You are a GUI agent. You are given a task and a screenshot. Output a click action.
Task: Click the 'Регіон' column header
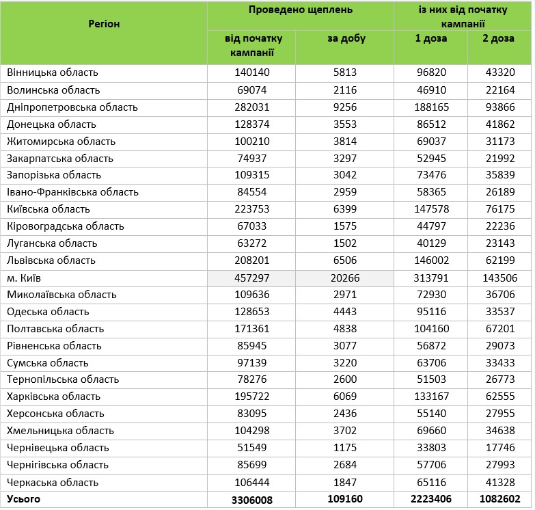(104, 24)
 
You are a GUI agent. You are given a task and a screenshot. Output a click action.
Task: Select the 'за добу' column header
(346, 39)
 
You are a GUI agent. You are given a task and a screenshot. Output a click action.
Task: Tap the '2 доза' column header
(499, 39)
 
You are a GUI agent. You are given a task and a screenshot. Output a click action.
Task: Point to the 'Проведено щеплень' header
(301, 10)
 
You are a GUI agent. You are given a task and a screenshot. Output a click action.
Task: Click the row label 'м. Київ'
(26, 278)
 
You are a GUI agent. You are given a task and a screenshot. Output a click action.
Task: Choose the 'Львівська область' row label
(51, 260)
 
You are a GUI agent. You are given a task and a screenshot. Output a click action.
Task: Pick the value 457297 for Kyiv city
(251, 278)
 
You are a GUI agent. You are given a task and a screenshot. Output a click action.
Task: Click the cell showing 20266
(346, 278)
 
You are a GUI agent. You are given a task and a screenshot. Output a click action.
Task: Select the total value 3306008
(251, 500)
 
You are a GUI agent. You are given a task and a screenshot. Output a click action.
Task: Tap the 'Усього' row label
(24, 499)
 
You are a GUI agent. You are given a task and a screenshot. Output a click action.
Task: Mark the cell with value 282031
(251, 107)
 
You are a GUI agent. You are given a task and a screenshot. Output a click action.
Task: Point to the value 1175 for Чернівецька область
(346, 448)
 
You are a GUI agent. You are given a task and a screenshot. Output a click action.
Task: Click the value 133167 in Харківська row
(431, 397)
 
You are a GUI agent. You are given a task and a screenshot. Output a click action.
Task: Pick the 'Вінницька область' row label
(53, 72)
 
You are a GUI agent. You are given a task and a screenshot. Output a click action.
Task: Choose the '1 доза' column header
(431, 39)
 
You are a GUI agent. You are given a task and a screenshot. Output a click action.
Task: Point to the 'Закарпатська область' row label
(59, 159)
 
